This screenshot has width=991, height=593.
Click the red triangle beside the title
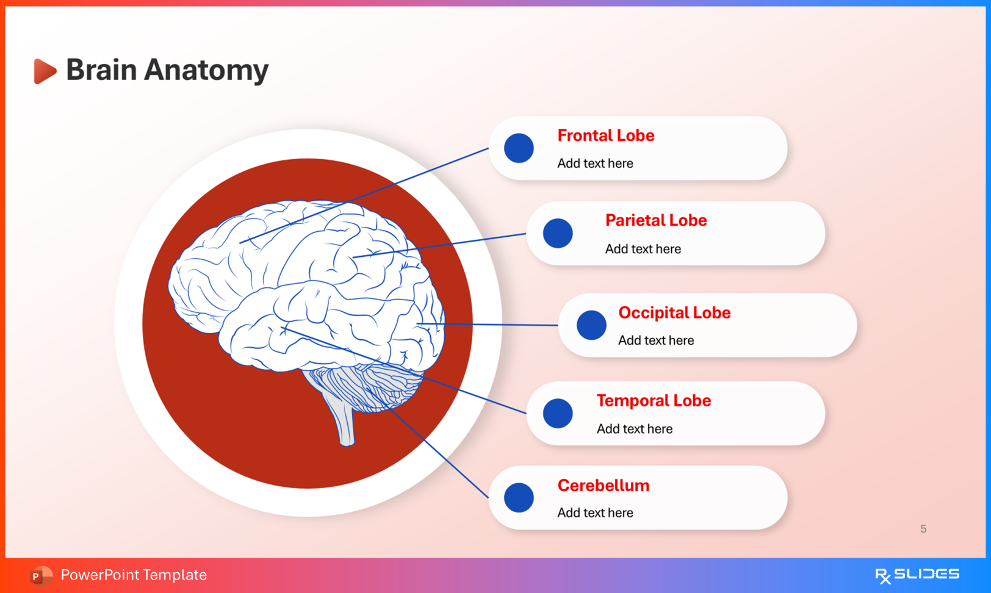click(x=44, y=71)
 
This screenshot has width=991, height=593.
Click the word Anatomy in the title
click(x=206, y=70)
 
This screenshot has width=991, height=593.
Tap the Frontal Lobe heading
click(x=605, y=135)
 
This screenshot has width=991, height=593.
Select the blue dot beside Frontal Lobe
click(x=519, y=148)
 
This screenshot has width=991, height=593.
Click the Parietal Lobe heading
click(x=655, y=220)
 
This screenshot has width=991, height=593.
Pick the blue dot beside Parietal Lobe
click(x=558, y=233)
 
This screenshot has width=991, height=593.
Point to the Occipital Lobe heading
click(x=674, y=312)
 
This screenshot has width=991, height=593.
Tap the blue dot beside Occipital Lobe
click(x=591, y=325)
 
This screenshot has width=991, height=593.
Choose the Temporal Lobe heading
click(x=654, y=401)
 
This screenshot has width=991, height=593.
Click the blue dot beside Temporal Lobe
click(x=558, y=413)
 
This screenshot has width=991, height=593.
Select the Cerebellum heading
click(x=603, y=486)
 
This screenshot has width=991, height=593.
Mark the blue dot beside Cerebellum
click(x=519, y=497)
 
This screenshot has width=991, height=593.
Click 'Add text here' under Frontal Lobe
click(x=595, y=164)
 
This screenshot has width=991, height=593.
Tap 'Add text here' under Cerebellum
click(x=595, y=513)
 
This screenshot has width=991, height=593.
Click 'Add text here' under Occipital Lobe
click(x=656, y=340)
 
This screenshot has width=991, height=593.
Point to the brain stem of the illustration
click(x=343, y=421)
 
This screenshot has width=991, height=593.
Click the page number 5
click(x=923, y=529)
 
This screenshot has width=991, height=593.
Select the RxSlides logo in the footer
click(x=917, y=575)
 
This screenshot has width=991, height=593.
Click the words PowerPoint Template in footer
click(x=134, y=575)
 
